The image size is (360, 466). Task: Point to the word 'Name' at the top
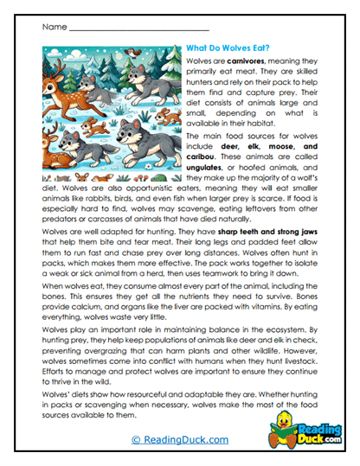click(53, 28)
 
